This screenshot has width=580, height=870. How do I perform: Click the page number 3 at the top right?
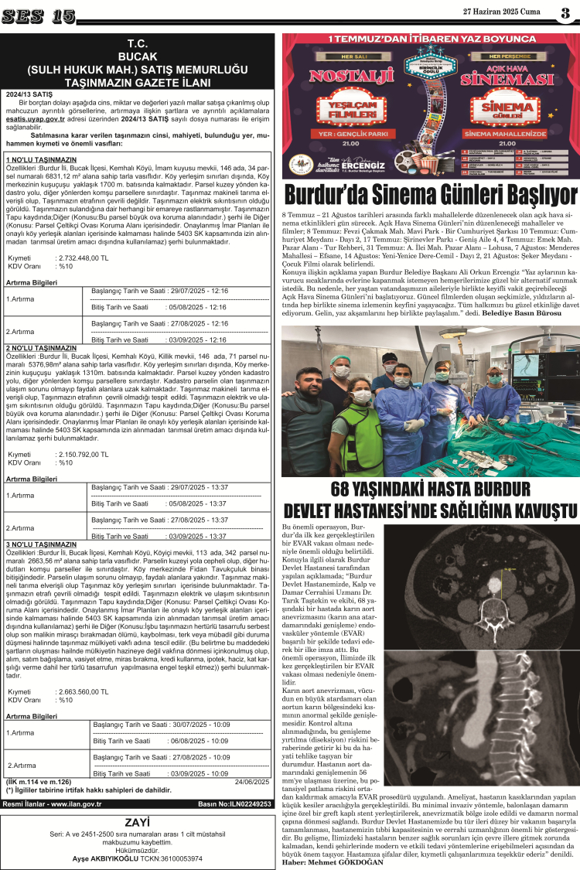(566, 14)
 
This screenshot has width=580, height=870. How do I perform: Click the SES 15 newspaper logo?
(43, 15)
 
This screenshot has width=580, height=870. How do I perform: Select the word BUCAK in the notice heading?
(138, 57)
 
